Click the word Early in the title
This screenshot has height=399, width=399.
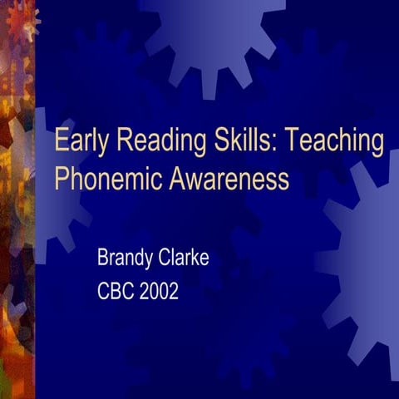coord(82,142)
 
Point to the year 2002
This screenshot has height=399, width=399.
coord(160,292)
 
